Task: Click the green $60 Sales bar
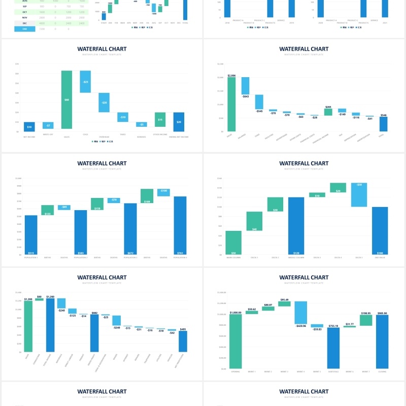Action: (x=66, y=99)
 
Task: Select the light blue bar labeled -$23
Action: (x=85, y=82)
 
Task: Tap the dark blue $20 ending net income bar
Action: (x=179, y=122)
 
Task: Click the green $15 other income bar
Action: (x=160, y=120)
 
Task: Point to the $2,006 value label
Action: (x=231, y=75)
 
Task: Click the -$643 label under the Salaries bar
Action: (x=245, y=96)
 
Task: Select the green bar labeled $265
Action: (x=328, y=112)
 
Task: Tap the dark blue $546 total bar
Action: (x=383, y=124)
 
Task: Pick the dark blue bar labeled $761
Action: (x=181, y=225)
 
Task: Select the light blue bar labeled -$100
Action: (x=163, y=192)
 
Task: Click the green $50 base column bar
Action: (x=233, y=243)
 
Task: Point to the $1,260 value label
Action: (x=50, y=296)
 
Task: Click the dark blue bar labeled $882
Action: (x=94, y=333)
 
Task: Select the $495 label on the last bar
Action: (x=183, y=329)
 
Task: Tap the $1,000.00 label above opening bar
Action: (x=235, y=313)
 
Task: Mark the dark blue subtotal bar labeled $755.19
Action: (x=333, y=348)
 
